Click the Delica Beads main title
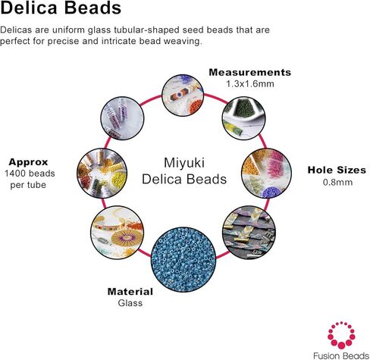61,8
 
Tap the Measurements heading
250,73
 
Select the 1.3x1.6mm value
250,84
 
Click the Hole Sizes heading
337,171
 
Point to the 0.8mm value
337,182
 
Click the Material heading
130,292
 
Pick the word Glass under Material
130,303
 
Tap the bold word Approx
28,162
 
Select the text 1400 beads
30,174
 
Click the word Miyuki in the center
184,163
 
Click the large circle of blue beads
183,259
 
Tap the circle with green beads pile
243,118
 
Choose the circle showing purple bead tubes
122,118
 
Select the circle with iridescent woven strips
249,233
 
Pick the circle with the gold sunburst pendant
118,233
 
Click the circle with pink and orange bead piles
267,174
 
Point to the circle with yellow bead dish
102,173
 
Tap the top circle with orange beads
183,95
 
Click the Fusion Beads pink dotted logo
341,334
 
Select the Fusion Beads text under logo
341,355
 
